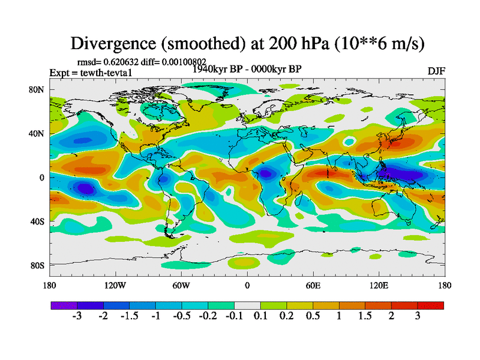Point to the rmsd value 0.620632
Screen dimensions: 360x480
122,61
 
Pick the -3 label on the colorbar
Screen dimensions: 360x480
76,316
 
